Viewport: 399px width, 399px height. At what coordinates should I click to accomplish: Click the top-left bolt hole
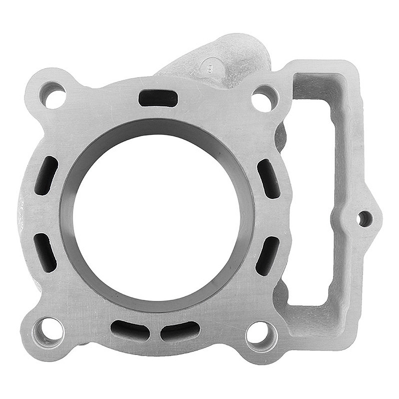click(53, 95)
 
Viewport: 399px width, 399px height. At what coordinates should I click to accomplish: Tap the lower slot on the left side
click(45, 252)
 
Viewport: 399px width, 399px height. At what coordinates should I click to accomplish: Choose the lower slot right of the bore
click(267, 255)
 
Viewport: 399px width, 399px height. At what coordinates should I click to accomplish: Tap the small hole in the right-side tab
click(364, 218)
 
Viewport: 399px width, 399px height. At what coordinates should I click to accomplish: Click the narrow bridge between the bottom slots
click(155, 331)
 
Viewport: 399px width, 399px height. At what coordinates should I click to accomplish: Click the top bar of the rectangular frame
click(319, 68)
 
